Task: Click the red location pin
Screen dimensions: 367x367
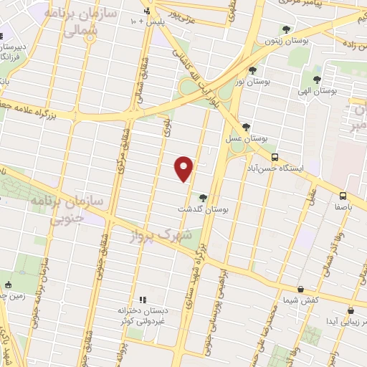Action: point(184,168)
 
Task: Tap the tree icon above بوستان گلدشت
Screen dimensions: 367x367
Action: point(204,198)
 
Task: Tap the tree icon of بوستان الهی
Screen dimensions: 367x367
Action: point(316,79)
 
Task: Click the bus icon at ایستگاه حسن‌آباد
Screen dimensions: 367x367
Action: point(275,157)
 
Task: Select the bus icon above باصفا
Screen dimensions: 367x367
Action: point(343,195)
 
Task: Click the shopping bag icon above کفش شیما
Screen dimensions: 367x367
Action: point(300,290)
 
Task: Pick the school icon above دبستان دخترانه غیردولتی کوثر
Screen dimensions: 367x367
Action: point(142,299)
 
